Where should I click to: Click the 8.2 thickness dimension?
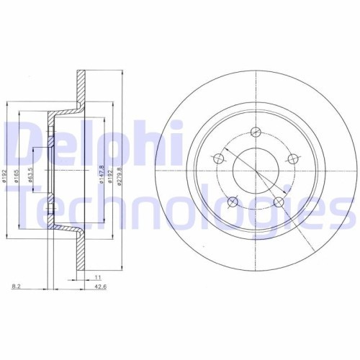coord(16,287)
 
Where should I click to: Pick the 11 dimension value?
coord(96,276)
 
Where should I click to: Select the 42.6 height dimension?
coord(109,287)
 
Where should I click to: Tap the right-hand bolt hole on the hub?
coord(292,158)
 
